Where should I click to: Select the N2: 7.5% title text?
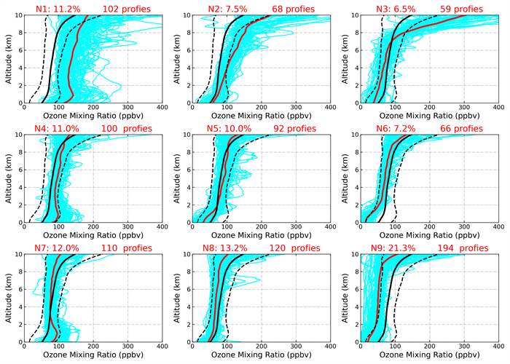pyautogui.click(x=221, y=9)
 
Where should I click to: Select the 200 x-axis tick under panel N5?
pyautogui.click(x=261, y=228)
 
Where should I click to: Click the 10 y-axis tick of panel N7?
pyautogui.click(x=18, y=255)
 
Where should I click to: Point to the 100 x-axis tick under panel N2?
pyautogui.click(x=227, y=108)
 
